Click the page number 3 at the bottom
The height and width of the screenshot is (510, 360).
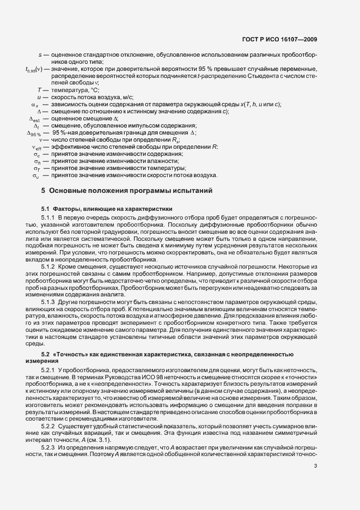coord(316,481)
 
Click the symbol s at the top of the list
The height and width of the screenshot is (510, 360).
coord(40,55)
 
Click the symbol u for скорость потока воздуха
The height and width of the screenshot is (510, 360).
coord(40,96)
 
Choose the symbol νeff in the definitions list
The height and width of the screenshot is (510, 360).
coord(36,147)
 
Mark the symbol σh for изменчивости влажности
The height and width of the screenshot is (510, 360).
coord(37,161)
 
